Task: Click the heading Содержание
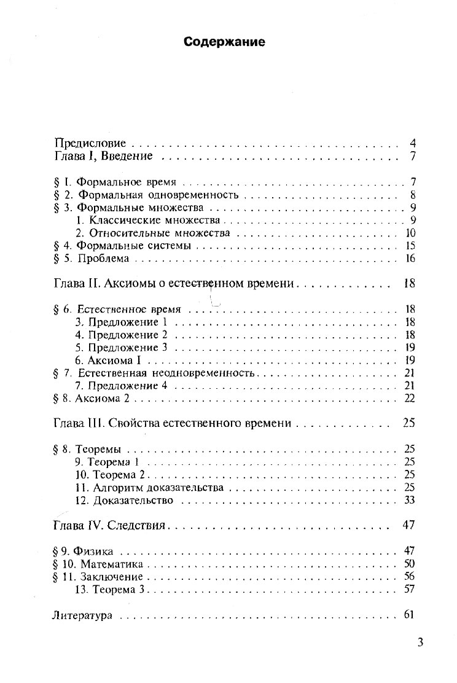point(224,42)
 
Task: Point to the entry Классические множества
point(157,221)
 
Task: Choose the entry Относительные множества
point(160,233)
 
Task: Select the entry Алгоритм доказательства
point(158,488)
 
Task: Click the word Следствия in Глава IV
point(138,526)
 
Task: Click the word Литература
point(82,615)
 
